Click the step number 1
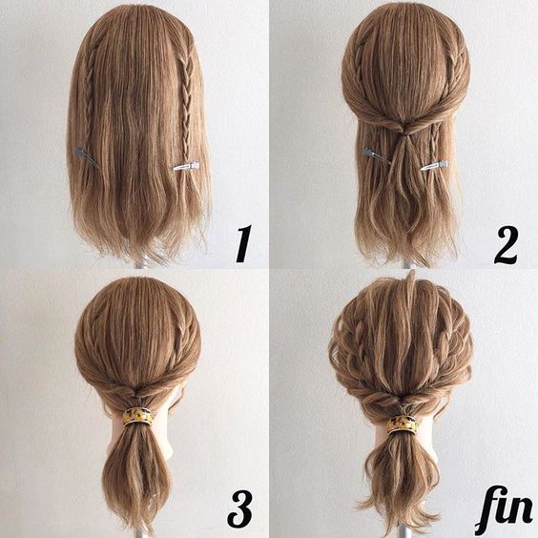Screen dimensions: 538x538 243,243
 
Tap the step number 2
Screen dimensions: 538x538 506,244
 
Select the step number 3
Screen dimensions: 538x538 239,509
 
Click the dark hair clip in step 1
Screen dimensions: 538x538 86,156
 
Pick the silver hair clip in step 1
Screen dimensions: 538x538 186,166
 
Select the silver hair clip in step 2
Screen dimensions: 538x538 434,166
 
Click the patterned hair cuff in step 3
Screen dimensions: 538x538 136,416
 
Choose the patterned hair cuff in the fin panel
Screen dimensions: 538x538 403,424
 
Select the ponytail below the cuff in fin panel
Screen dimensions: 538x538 402,481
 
